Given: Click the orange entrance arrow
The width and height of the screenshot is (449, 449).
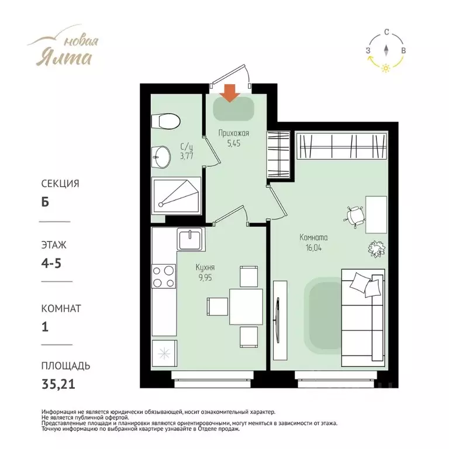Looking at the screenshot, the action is [230, 93].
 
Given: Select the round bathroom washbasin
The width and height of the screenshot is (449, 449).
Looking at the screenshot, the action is [161, 157].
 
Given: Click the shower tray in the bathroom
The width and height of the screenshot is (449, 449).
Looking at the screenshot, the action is [176, 196].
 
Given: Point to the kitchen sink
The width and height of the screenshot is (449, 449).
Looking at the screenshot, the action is [190, 239].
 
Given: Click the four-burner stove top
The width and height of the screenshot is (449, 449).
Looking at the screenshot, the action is [164, 276].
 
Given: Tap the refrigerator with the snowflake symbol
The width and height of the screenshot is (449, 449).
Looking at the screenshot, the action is [164, 353].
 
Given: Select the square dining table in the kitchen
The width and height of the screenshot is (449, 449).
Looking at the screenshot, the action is [246, 307].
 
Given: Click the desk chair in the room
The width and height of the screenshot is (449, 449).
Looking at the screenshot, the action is [354, 216].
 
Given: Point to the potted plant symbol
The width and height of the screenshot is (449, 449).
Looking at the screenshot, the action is [377, 248].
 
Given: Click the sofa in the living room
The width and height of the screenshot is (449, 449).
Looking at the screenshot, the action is [363, 317].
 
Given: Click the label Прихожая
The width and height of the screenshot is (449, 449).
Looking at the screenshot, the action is [234, 133].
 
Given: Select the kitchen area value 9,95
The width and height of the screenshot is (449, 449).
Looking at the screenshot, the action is [205, 278].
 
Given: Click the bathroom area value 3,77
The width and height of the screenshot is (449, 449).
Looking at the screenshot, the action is [186, 156].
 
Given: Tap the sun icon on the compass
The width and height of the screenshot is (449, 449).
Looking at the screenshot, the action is [386, 68].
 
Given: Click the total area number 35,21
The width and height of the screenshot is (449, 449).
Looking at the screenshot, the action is [58, 384].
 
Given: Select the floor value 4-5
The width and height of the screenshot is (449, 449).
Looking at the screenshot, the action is [51, 263].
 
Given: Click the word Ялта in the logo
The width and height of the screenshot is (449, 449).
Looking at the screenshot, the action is [64, 57].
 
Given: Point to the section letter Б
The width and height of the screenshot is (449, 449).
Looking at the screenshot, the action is [45, 202].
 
